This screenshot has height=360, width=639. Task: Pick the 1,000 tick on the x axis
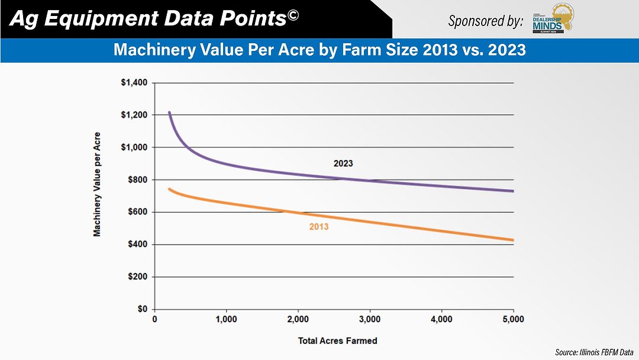227,320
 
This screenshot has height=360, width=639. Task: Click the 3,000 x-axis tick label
370,320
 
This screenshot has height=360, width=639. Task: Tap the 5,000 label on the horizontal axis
513,320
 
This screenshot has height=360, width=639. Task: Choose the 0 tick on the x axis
155,320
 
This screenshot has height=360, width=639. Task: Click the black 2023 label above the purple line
343,163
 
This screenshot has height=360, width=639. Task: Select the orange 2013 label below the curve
319,226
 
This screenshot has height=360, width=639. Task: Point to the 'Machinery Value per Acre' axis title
97,184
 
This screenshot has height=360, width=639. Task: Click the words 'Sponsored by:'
485,21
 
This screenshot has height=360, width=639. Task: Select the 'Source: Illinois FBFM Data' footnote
593,352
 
